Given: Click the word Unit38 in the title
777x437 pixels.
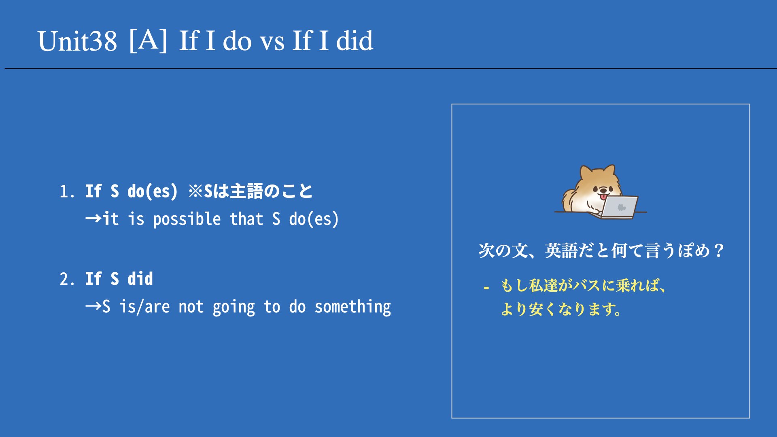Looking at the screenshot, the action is click(77, 41).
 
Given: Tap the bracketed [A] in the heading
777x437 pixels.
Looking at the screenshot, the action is click(148, 40).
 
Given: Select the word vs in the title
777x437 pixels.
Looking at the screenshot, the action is click(272, 42).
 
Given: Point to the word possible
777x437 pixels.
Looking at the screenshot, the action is click(187, 219).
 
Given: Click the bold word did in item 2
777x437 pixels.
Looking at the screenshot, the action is click(140, 279).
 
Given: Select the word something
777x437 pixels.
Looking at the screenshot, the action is click(353, 307).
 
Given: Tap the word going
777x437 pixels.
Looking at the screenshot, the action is click(234, 307).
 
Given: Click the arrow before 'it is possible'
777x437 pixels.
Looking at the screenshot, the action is click(93, 219).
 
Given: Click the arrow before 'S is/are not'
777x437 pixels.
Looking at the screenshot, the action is click(93, 306).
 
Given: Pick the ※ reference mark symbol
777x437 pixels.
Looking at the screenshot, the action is click(195, 191).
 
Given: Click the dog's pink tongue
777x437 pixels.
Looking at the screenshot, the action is click(603, 197).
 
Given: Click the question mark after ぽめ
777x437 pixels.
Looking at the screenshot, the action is click(719, 251).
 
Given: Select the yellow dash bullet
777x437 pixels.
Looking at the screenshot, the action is click(486, 288).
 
